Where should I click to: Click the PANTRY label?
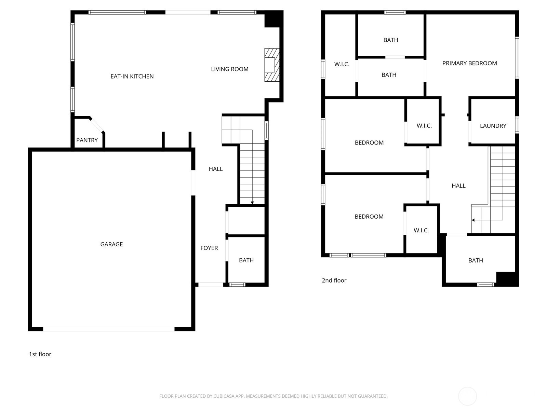[x=87, y=140]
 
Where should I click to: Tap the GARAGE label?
[x=111, y=244]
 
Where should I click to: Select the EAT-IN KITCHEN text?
[x=132, y=77]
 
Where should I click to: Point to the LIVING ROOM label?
[x=229, y=69]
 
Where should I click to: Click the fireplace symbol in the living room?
[x=271, y=65]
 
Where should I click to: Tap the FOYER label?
[x=209, y=248]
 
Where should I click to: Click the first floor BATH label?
[x=246, y=260]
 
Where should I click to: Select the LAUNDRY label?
[x=493, y=126]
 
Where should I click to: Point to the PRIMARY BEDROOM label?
[x=469, y=63]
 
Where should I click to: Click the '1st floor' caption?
[x=40, y=354]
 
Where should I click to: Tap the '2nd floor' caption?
[x=334, y=281]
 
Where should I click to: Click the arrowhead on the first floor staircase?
[x=252, y=203]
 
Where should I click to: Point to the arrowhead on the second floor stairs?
[x=473, y=220]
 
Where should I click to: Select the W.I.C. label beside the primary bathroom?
[x=342, y=64]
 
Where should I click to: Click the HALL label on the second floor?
[x=458, y=186]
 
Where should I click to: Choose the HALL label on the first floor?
[x=216, y=169]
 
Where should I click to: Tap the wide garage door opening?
[x=109, y=329]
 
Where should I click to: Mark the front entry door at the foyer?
[x=211, y=285]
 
